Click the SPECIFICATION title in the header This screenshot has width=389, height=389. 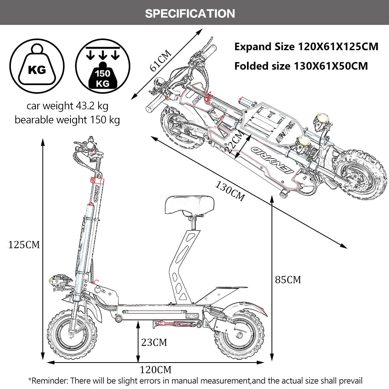click(x=190, y=13)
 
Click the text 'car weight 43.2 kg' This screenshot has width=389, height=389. click(x=67, y=106)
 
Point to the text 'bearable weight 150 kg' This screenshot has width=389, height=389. click(x=67, y=119)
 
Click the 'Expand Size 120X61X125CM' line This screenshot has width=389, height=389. click(x=306, y=47)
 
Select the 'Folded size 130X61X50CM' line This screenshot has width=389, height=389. click(x=301, y=66)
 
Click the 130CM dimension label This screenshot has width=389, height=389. click(x=230, y=191)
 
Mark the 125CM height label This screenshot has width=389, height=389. click(x=24, y=245)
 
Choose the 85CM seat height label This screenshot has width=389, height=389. click(x=288, y=279)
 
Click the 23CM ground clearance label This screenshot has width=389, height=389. click(x=154, y=342)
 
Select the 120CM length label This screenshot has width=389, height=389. click(x=156, y=369)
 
